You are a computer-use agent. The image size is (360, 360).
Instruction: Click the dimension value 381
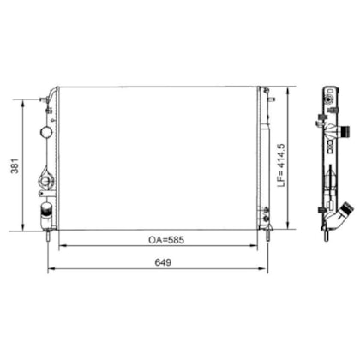pos(15,165)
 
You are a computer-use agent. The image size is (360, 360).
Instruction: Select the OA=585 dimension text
pos(166,240)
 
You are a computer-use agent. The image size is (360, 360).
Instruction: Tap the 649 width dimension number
pos(163,262)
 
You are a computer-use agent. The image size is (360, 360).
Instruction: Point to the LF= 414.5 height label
pos(281,165)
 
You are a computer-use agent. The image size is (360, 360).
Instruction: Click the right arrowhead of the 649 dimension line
pos(263,268)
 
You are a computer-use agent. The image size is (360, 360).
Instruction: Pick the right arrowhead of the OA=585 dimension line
pos(254,245)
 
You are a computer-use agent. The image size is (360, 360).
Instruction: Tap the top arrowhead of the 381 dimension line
pos(23,104)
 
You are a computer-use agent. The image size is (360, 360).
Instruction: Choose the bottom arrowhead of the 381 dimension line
pos(23,227)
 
